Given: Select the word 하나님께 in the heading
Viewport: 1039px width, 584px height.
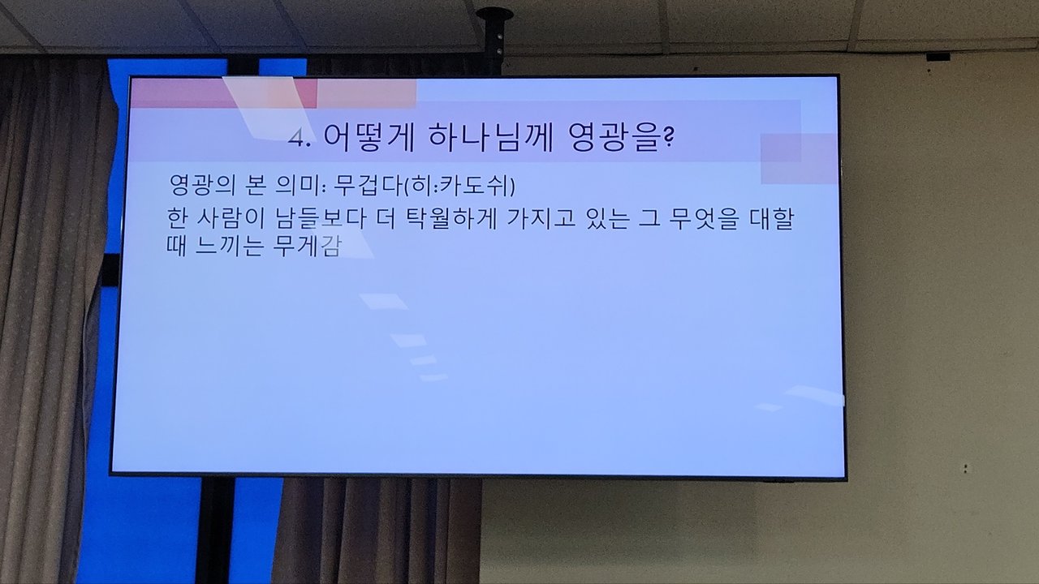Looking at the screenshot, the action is (x=491, y=138).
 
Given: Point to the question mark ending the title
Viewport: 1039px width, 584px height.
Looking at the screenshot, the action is (x=668, y=137).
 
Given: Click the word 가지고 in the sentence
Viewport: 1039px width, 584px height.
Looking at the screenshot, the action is (x=541, y=219).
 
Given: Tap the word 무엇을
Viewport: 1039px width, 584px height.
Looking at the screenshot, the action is (x=704, y=219).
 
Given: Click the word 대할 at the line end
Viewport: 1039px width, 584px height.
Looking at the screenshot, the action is (x=771, y=219).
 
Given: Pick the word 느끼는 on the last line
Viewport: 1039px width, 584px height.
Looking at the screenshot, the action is (x=229, y=246).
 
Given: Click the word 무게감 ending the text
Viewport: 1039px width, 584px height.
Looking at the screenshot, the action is (x=307, y=246).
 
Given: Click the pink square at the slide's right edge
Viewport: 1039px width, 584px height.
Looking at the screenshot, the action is (x=799, y=158).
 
